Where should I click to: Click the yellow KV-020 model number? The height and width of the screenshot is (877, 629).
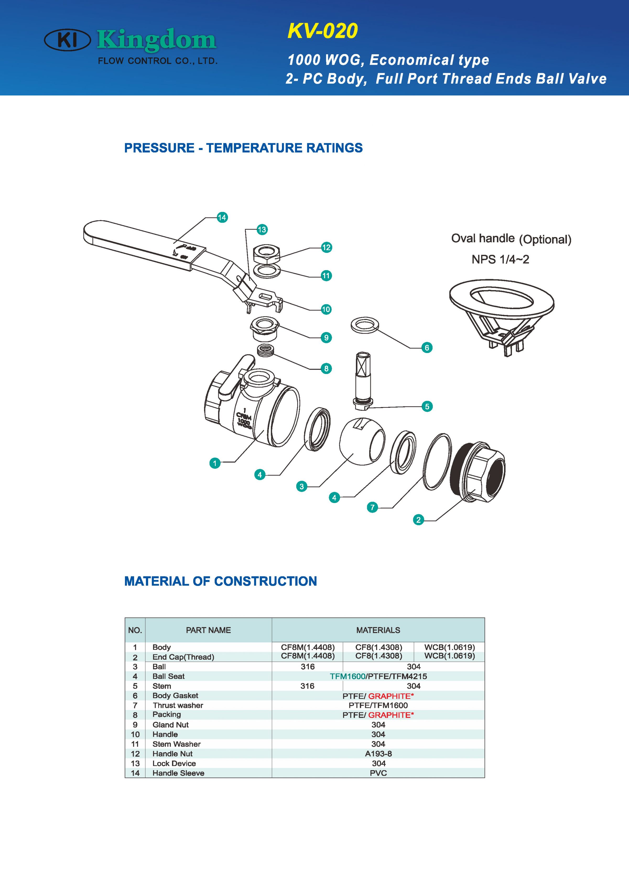point(323,31)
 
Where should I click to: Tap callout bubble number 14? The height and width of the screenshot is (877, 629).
point(222,217)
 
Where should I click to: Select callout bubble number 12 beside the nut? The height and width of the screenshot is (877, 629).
point(327,248)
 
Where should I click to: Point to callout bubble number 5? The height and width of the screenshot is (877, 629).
point(427,407)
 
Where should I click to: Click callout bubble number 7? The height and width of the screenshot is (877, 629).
point(372,507)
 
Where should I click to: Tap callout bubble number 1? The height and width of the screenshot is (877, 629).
point(215,463)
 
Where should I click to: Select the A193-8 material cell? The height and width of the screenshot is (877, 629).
point(378,754)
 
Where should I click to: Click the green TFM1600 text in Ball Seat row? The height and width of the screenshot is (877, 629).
point(347,676)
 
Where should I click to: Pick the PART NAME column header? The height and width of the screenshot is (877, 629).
point(208,630)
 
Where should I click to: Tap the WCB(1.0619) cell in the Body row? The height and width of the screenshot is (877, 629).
point(449,647)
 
